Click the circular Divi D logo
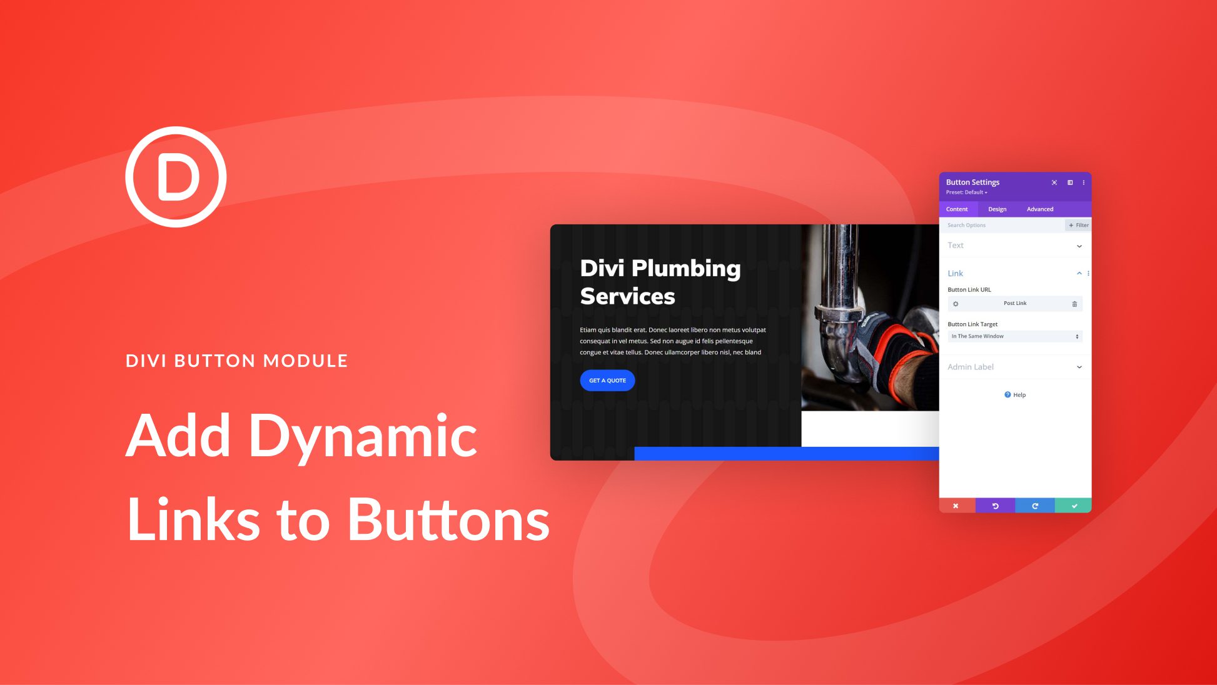[x=176, y=177]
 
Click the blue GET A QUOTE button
[x=607, y=380]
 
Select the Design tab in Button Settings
[x=997, y=209]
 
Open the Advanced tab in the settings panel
[x=1039, y=209]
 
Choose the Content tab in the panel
[x=956, y=209]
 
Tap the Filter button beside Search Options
[x=1078, y=225]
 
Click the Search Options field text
[x=966, y=225]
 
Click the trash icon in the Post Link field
[x=1074, y=304]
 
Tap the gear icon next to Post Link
[x=956, y=304]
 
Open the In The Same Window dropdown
[x=1014, y=336]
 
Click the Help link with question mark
[x=1015, y=395]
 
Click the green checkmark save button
[x=1074, y=506]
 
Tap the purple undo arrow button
[x=995, y=506]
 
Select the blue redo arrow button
[x=1034, y=506]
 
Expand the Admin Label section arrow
[x=1079, y=367]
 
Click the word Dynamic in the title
[x=363, y=437]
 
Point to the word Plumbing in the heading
[x=685, y=269]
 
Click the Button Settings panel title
[x=972, y=182]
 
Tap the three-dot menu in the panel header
[x=1083, y=182]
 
